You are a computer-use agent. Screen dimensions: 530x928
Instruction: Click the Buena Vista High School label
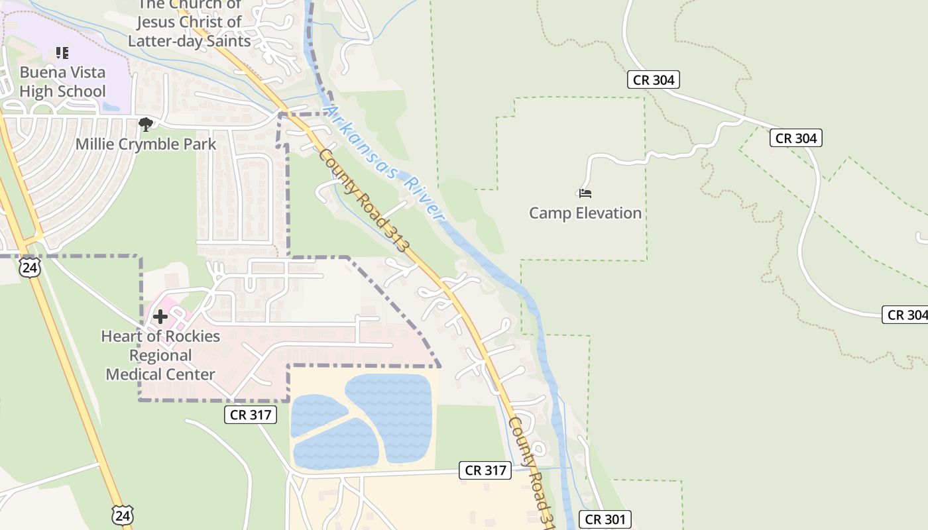coord(62,81)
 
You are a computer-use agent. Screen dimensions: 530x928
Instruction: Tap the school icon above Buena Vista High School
coord(62,53)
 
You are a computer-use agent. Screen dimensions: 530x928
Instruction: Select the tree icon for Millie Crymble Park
coord(145,124)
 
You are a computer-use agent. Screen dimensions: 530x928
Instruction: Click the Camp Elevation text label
coord(585,213)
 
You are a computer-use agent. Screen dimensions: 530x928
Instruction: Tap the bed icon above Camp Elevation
coord(585,193)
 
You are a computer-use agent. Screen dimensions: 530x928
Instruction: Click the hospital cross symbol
coord(160,317)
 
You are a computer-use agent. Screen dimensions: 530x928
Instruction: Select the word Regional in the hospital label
coord(160,355)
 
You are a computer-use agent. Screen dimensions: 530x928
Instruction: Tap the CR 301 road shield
coord(605,519)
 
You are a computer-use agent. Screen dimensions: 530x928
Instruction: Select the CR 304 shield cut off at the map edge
coord(905,315)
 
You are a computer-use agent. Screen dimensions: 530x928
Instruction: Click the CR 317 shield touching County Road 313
coord(486,470)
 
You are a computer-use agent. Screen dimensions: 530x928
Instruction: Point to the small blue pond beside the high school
coord(110,106)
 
